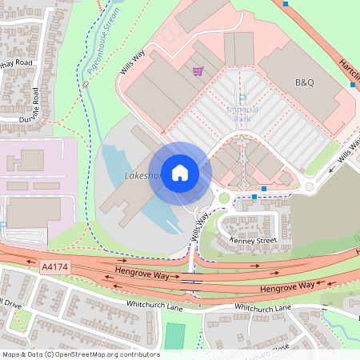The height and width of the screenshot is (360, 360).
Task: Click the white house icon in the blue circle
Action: pos(180,173)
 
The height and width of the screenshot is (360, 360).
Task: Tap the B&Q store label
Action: pos(305,82)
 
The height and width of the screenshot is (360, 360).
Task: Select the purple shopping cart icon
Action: pos(197,72)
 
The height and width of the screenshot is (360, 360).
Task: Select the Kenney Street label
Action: pos(252,239)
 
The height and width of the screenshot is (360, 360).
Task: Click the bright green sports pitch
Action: pos(174,335)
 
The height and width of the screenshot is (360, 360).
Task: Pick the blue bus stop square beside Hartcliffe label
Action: pos(352,84)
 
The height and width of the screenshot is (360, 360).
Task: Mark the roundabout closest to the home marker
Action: pos(224,198)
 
